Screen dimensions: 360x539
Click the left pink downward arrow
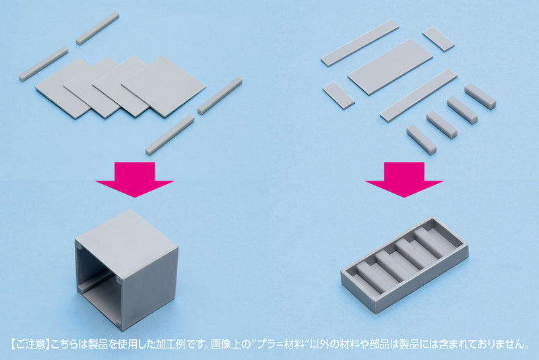[x=134, y=180]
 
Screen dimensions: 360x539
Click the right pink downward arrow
[x=404, y=180]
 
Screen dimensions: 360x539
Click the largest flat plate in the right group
[x=390, y=66]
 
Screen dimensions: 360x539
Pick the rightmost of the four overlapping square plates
[x=164, y=86]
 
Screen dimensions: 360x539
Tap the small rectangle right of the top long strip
[x=438, y=38]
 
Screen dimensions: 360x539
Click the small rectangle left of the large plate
[x=338, y=95]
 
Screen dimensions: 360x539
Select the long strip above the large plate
[x=359, y=42]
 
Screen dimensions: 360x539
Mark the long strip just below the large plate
[x=418, y=95]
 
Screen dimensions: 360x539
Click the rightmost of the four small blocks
[x=480, y=96]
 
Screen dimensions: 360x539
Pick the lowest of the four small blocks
[x=421, y=140]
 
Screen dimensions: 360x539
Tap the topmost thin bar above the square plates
[x=97, y=28]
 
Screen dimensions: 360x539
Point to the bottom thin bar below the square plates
[x=170, y=135]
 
